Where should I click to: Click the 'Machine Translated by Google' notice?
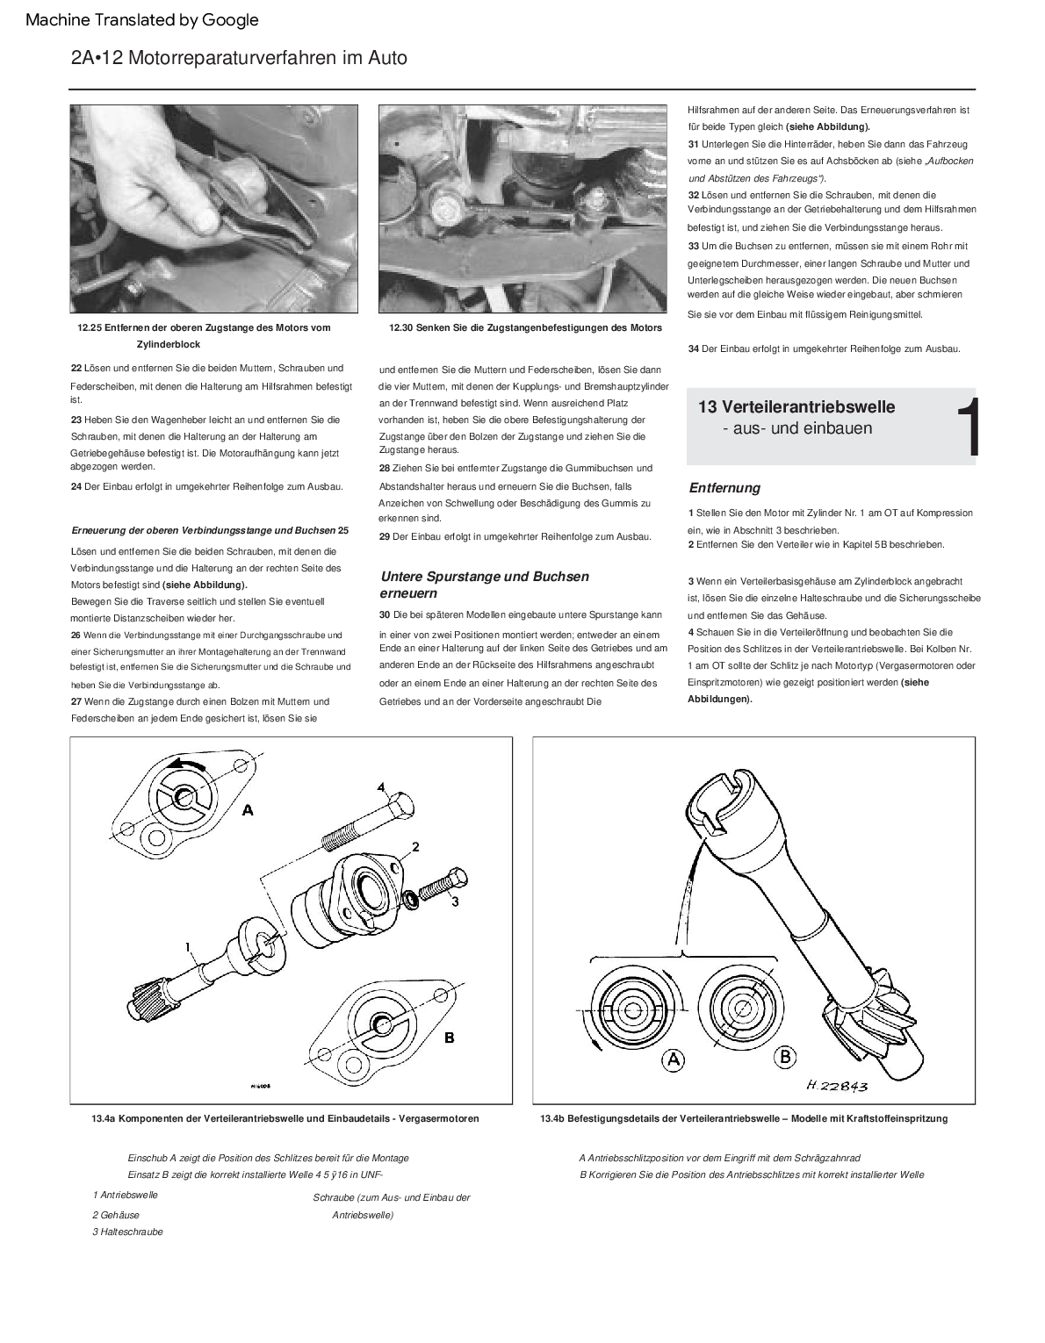coord(142,20)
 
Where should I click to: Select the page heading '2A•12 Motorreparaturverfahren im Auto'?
coord(239,58)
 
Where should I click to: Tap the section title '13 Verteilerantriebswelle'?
coord(796,406)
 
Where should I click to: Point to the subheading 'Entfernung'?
coord(724,488)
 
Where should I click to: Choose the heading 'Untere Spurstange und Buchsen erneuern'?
coord(484,585)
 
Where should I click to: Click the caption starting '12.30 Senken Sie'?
coord(525,328)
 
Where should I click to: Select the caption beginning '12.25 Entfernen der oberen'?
coord(204,328)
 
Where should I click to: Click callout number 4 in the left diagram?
coord(382,786)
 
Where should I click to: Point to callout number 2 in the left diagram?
coord(415,846)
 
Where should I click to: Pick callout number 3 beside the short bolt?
coord(455,901)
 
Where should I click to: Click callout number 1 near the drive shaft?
coord(187,947)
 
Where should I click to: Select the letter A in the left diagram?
coord(249,810)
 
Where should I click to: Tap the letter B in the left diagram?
coord(449,1037)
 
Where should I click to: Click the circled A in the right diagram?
coord(674,1059)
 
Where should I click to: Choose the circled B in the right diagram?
coord(784,1057)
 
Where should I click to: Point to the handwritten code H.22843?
coord(836,1086)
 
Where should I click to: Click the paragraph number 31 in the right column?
coord(693,144)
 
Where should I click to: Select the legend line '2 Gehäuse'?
coord(116,1215)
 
